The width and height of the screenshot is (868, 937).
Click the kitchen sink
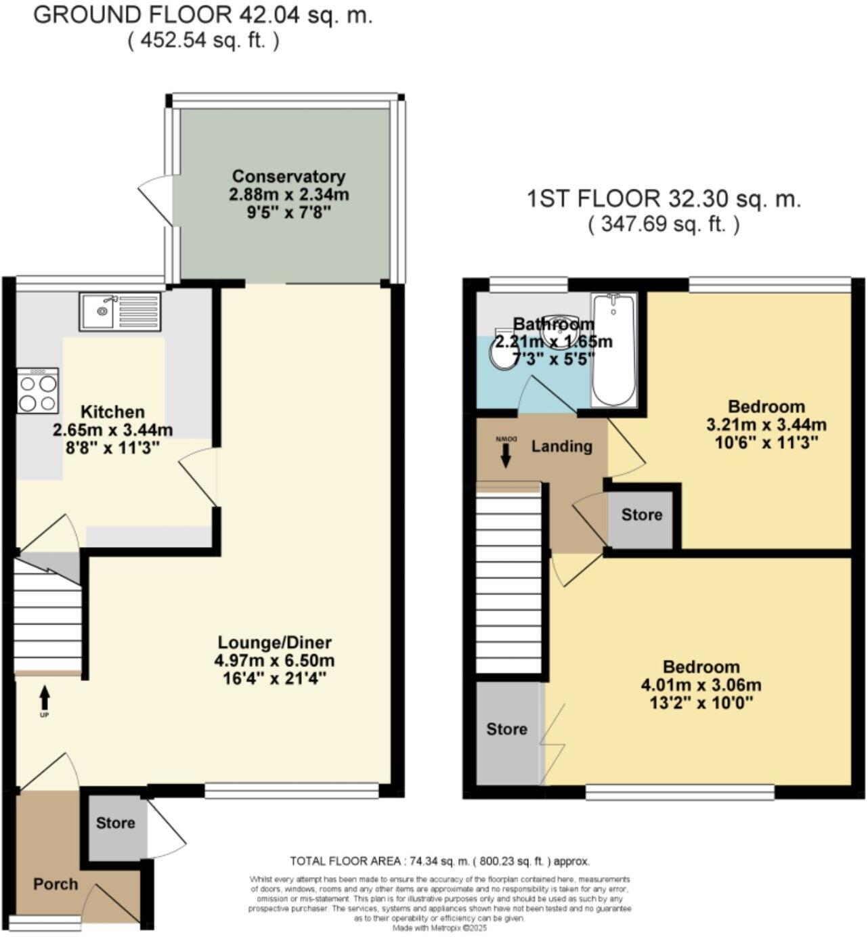120,311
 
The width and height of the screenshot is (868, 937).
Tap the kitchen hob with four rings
37,391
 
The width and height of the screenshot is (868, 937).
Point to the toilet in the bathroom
502,354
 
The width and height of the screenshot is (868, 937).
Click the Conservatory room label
288,176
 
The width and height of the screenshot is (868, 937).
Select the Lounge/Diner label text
275,642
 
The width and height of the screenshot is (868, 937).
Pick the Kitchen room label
112,412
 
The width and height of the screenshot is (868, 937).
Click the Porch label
56,884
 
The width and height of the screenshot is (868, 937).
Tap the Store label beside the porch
115,823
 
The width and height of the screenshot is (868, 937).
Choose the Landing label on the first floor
561,446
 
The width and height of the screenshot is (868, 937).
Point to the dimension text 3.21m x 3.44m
766,424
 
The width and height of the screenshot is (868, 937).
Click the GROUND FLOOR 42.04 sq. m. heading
203,16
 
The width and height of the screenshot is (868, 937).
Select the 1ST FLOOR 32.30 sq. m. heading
664,199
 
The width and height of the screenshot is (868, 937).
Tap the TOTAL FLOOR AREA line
439,861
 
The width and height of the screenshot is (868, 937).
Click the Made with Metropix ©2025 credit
439,928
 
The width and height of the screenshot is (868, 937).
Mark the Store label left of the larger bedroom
506,728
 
